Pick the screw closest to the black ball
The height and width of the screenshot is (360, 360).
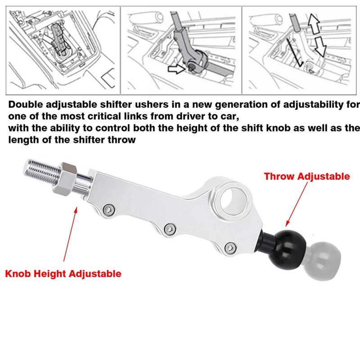coord(231,247)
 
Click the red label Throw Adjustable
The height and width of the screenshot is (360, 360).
coord(306,176)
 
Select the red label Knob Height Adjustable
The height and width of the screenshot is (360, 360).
coord(63,273)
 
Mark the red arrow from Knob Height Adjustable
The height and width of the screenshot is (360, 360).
coord(72,234)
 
